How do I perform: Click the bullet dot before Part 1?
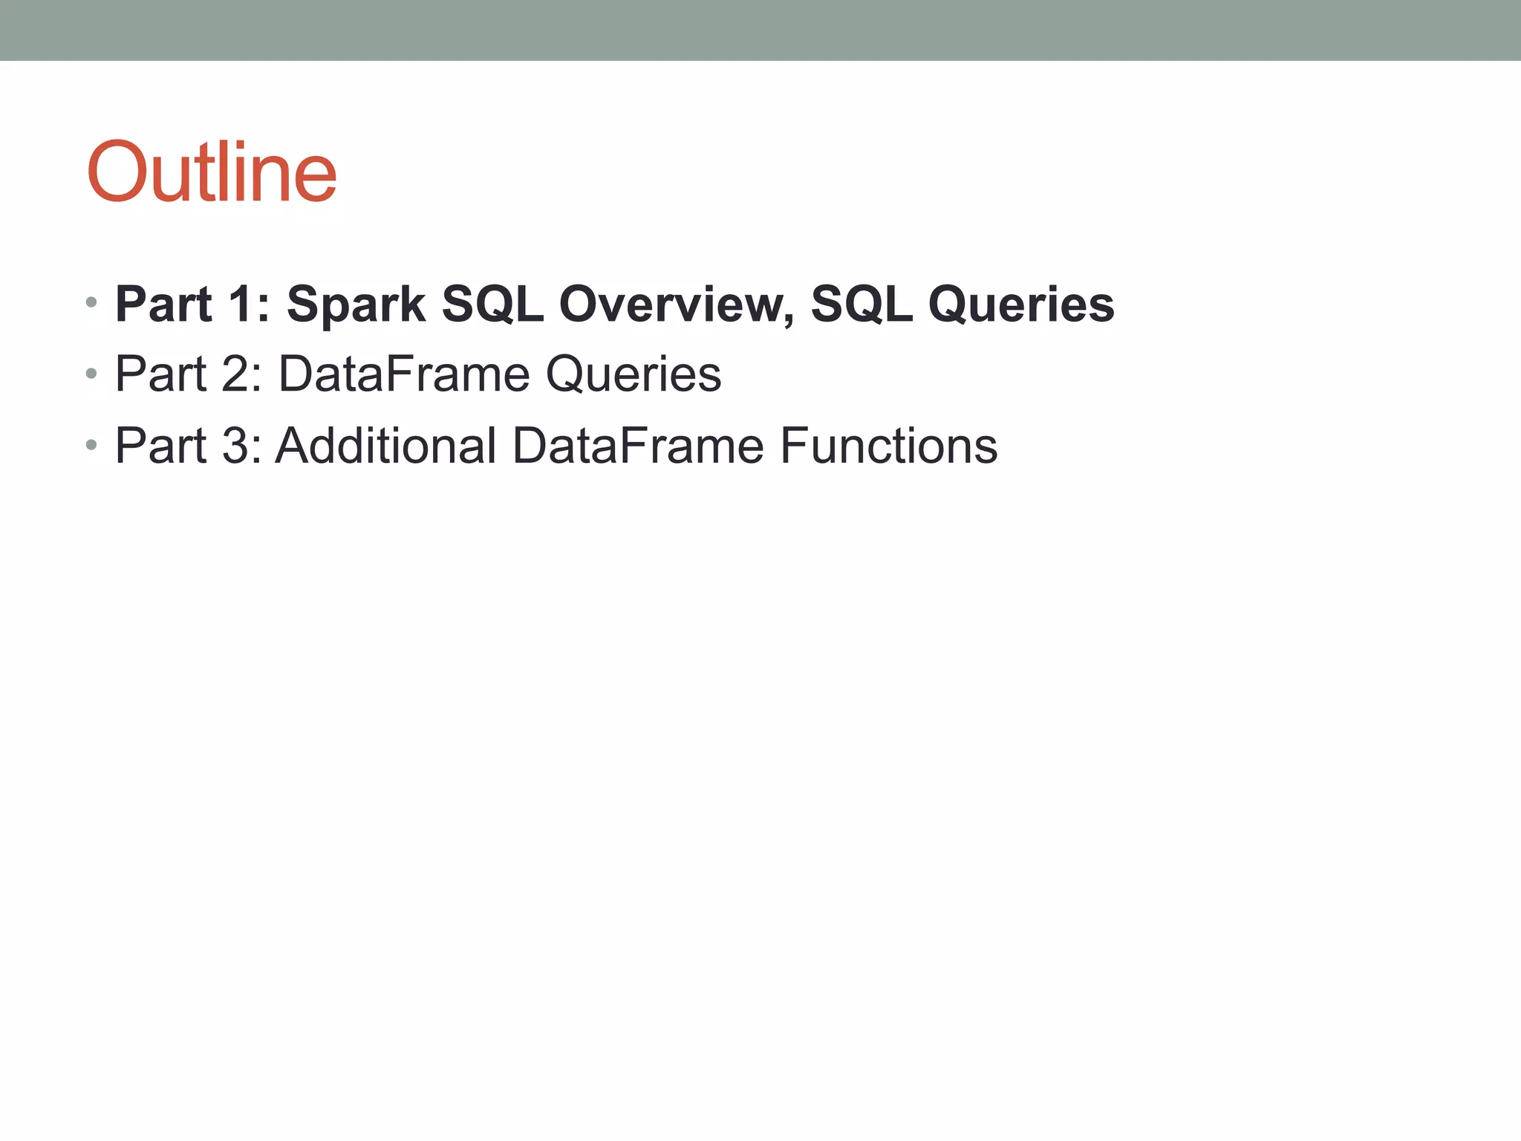coord(91,302)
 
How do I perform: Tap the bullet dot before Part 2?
coord(91,373)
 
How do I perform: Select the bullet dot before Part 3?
coord(91,444)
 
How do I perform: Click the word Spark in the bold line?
coord(356,305)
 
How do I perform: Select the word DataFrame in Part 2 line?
coord(404,374)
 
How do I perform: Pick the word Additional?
coord(385,446)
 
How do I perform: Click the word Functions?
coord(888,446)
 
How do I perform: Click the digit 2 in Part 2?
coord(235,374)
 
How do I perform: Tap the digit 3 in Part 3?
coord(235,446)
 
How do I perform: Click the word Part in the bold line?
coord(163,305)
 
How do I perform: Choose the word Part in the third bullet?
coord(160,446)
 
